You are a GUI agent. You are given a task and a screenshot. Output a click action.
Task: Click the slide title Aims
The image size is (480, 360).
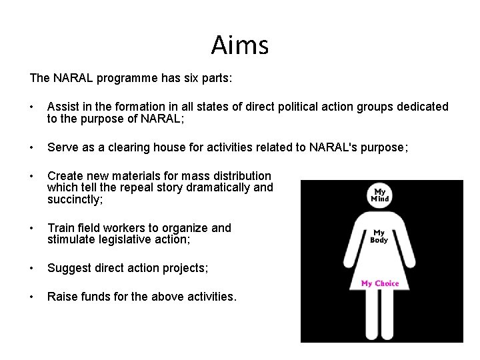coord(240,45)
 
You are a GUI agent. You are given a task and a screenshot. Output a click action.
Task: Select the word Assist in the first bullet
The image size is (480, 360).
coord(63,107)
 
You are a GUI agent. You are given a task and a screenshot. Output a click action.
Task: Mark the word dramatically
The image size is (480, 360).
coord(221,187)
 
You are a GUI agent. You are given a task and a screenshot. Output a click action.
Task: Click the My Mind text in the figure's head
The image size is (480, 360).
coord(379,195)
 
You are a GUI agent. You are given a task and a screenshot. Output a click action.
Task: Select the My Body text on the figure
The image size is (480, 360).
coord(379,237)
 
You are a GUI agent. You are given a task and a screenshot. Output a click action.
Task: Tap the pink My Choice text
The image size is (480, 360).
coord(380,283)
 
